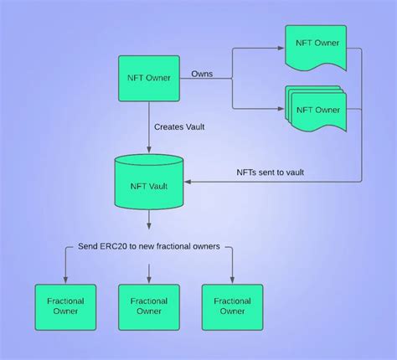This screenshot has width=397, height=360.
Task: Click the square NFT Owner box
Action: (x=149, y=80)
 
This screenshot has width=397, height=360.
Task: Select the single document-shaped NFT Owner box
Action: (x=316, y=47)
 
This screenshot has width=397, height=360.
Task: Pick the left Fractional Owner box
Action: (x=64, y=306)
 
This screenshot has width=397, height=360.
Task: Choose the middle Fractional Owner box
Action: (x=148, y=306)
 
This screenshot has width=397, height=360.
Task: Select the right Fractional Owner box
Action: (x=233, y=306)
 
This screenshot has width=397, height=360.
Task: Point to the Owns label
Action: (x=202, y=74)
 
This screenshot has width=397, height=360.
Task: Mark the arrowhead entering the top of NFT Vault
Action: (x=149, y=151)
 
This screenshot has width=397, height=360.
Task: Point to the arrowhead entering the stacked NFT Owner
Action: (x=281, y=109)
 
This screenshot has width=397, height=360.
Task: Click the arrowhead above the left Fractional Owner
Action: (x=64, y=280)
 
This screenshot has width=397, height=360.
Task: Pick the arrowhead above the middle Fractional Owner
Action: (x=149, y=280)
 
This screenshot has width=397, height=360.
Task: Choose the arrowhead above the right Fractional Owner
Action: (x=233, y=280)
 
